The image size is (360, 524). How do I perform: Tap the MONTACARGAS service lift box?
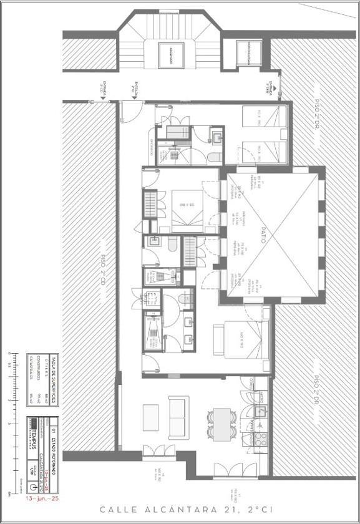point(246,52)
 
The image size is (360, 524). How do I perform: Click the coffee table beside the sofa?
point(150,417)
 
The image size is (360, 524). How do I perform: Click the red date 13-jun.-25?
point(41,499)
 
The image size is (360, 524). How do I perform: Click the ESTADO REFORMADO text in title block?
point(54,444)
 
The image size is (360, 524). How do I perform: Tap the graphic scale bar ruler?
point(15,424)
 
